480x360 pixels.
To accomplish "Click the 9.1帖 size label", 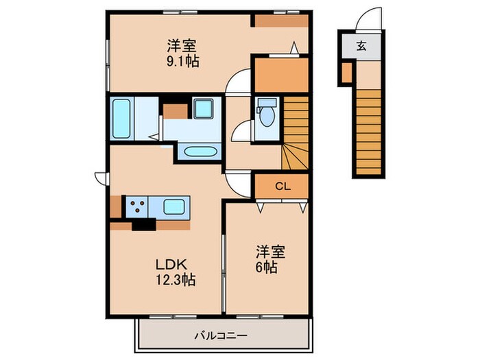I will (x=182, y=62).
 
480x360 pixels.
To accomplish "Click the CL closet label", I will (x=282, y=186).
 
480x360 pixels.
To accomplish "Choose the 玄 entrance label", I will (x=361, y=47).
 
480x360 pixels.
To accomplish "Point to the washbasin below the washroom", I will (x=200, y=152).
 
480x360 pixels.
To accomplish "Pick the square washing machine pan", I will (x=203, y=109).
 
